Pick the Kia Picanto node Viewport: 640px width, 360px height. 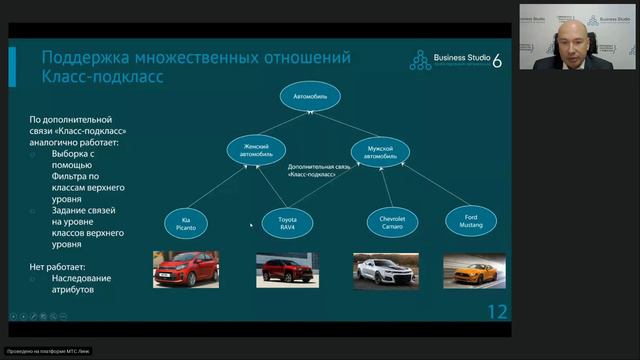pos(185,222)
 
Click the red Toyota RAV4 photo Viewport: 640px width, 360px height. pos(286,269)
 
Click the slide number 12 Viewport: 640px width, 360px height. pos(497,312)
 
